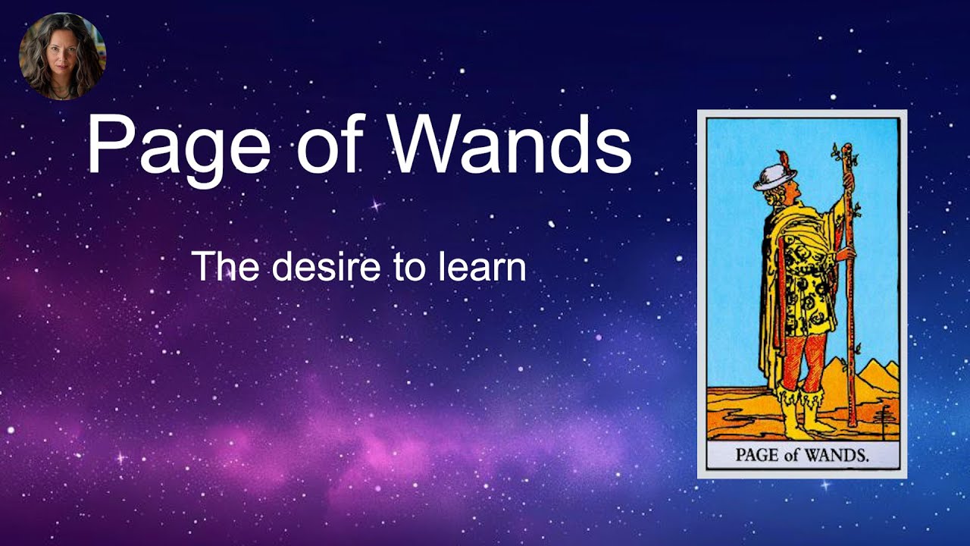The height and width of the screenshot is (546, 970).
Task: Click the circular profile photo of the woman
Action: [x=62, y=56]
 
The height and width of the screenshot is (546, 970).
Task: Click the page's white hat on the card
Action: [x=773, y=177]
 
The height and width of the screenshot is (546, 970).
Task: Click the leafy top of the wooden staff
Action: [x=843, y=155]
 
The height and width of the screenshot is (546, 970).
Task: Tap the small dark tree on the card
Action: [x=883, y=417]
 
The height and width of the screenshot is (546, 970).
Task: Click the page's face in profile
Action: [x=788, y=190]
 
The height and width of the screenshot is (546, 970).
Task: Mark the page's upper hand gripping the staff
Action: [x=848, y=182]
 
